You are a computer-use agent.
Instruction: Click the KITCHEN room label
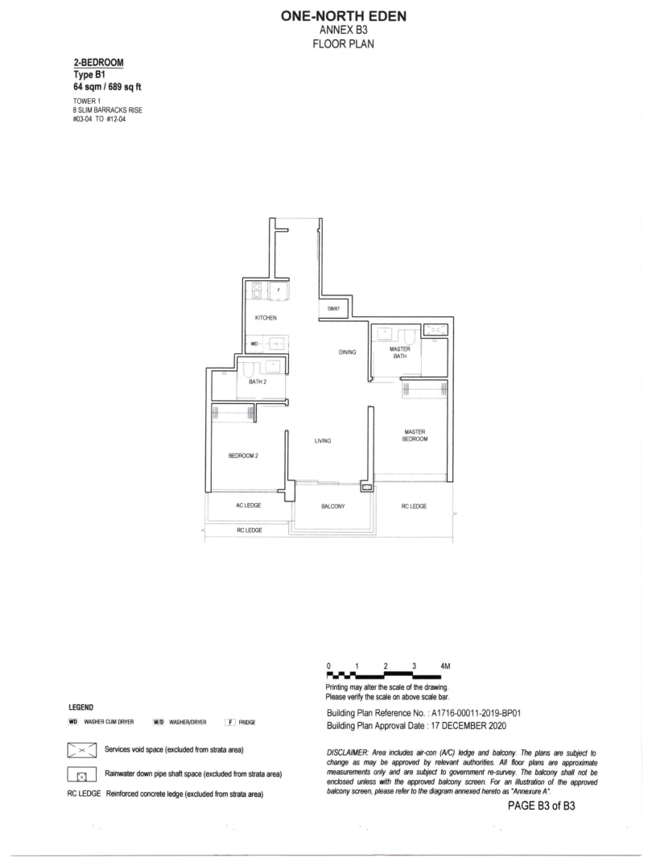tap(266, 318)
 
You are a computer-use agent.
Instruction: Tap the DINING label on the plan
tap(348, 352)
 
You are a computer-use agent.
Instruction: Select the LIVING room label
tap(323, 441)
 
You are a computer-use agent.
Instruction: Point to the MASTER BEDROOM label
tap(415, 435)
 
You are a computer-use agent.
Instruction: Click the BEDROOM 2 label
tap(244, 456)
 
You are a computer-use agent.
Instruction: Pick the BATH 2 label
tap(258, 381)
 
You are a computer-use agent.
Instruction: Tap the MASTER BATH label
tap(400, 353)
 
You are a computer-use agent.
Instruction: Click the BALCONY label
tap(333, 506)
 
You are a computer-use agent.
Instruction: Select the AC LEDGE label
tap(249, 505)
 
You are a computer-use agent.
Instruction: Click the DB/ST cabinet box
tap(334, 309)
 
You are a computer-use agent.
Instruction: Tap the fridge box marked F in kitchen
tap(279, 290)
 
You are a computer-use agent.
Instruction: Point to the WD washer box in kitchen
tap(254, 344)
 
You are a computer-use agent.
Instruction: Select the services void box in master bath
tap(436, 330)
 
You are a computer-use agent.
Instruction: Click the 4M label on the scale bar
tap(445, 666)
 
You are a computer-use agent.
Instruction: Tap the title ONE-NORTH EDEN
tap(344, 17)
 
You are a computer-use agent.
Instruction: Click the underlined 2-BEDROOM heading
tap(99, 63)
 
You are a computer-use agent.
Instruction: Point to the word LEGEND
tap(80, 707)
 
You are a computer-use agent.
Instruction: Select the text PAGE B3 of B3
tap(542, 806)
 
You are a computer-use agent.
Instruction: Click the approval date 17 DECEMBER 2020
tap(467, 726)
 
